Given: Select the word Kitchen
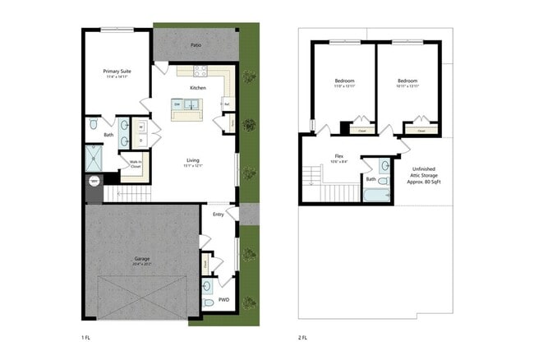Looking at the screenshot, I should click(197, 88).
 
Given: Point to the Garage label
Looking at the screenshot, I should click(141, 259).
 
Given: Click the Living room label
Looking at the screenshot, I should click(193, 160).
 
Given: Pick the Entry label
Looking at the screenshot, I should click(218, 214).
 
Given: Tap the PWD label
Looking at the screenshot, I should click(223, 300).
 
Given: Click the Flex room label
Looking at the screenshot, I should click(338, 155).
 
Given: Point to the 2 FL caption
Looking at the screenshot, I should click(302, 337).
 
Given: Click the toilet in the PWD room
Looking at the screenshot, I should click(208, 303).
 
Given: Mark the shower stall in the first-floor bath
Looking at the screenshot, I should click(97, 157).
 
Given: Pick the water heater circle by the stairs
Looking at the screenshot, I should click(94, 182).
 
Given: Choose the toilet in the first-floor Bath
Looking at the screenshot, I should click(94, 125).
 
